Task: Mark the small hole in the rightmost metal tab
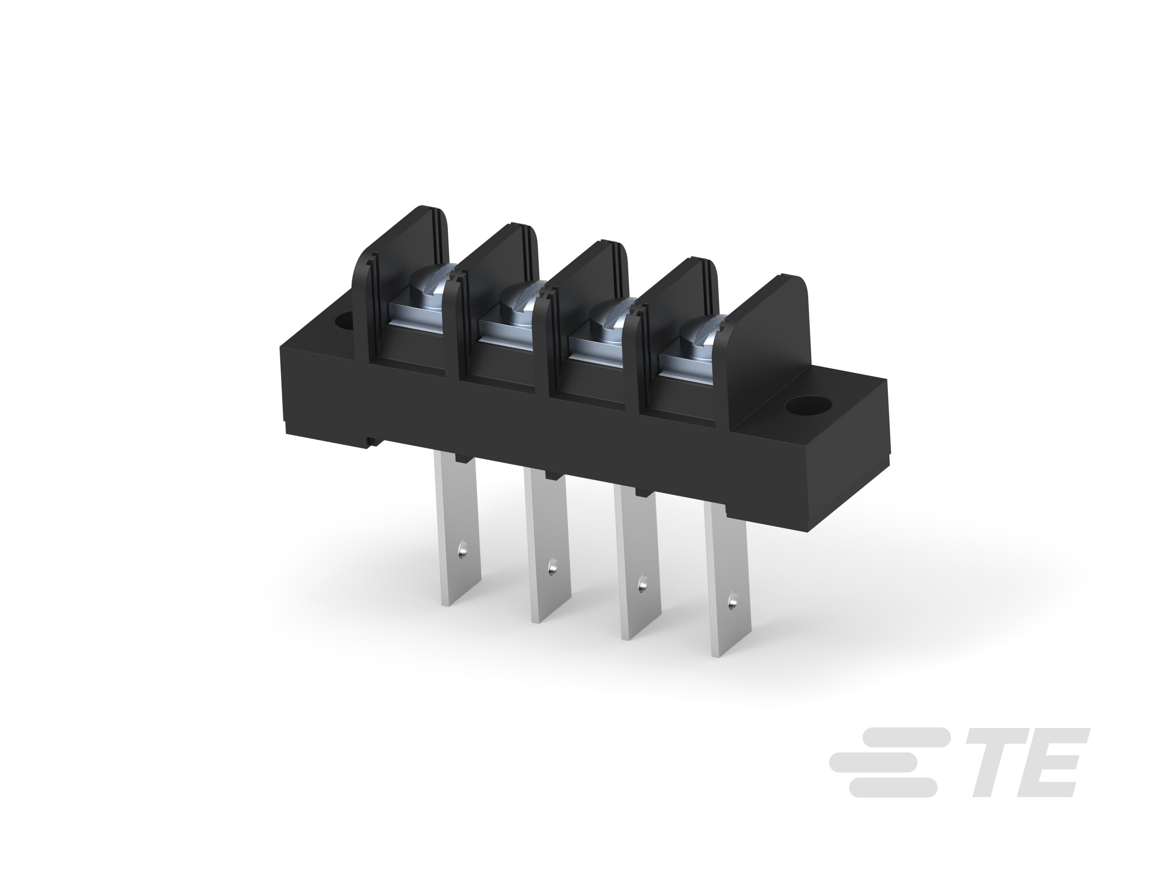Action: tap(734, 602)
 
